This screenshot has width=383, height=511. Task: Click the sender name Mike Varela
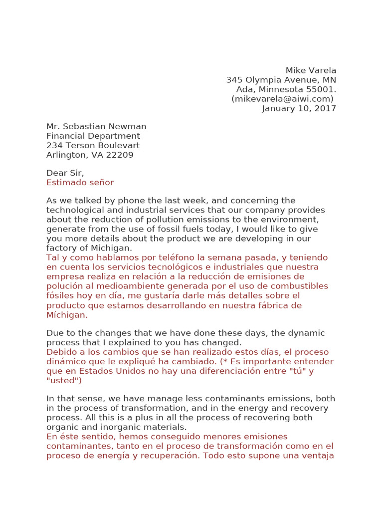pos(311,70)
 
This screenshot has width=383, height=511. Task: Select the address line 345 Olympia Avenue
pos(274,80)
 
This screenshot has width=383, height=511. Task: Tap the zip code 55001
pos(321,89)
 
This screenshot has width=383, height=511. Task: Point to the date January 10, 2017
pos(299,108)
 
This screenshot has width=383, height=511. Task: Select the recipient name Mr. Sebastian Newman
pos(96,126)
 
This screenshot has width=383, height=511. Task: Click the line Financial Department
pos(93,136)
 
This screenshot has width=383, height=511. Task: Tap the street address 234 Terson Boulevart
pos(93,145)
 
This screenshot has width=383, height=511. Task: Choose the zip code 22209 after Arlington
pos(119,155)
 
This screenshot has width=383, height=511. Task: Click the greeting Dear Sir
pos(65,173)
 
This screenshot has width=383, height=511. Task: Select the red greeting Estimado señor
pos(80,183)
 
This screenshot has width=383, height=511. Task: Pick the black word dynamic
pos(306,333)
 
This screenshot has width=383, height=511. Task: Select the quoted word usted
pos(63,380)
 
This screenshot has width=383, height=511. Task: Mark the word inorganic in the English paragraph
pos(115,427)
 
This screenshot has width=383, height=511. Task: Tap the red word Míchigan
pos(66,314)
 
